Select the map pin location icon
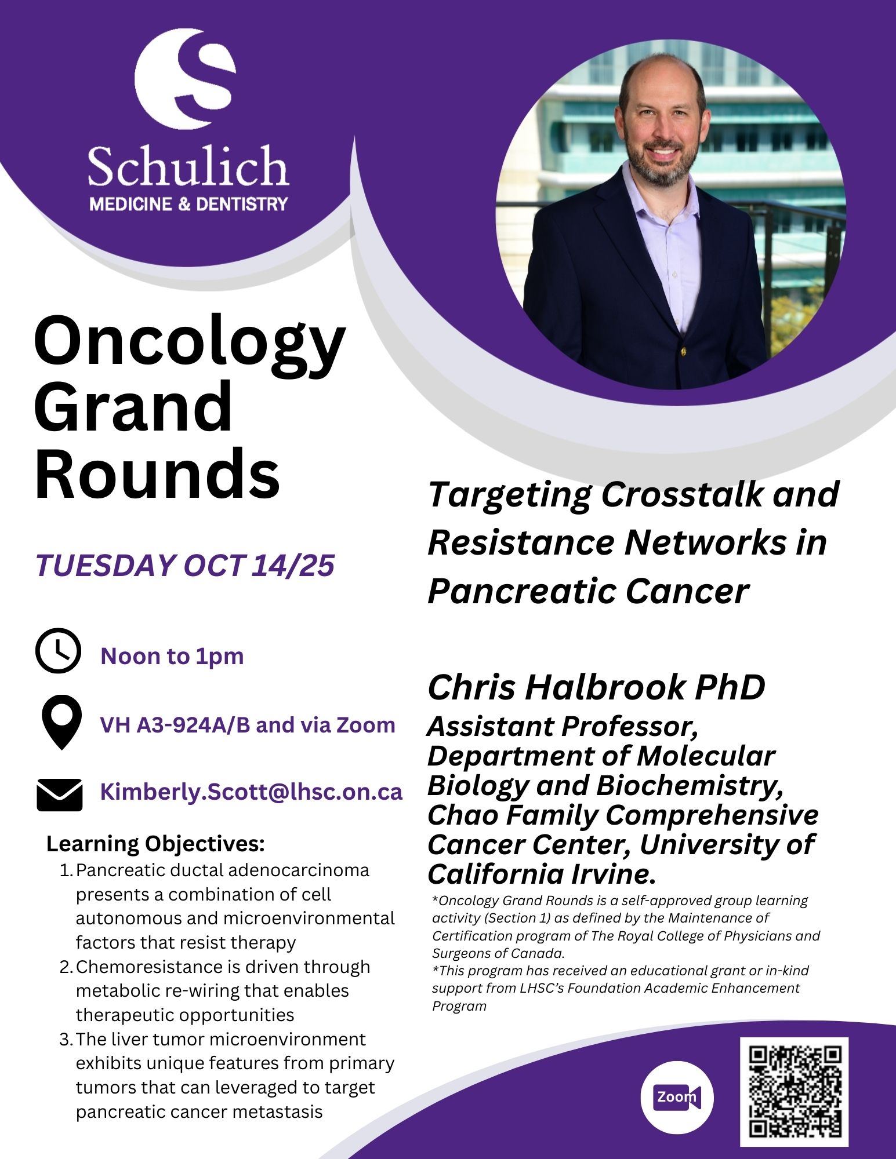[61, 722]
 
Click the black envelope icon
[60, 795]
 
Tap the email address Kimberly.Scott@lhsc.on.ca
[251, 792]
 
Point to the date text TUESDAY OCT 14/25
[185, 565]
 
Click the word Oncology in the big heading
[190, 345]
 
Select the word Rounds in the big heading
[158, 474]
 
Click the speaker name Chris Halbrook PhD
[596, 687]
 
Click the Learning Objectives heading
[155, 844]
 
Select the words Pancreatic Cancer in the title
[588, 592]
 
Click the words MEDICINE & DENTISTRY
[188, 204]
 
